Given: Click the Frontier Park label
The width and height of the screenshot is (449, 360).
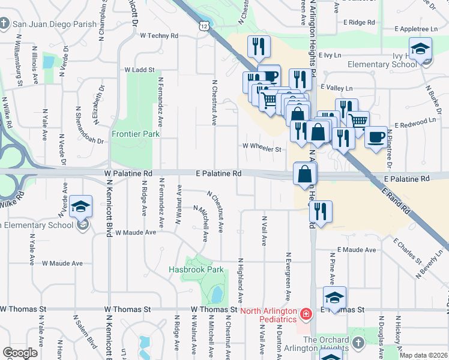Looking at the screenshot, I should pyautogui.click(x=136, y=134).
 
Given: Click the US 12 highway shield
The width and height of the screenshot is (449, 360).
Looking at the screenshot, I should pyautogui.click(x=205, y=26).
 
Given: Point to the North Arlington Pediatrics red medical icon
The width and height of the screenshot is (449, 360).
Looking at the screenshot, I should pyautogui.click(x=306, y=313).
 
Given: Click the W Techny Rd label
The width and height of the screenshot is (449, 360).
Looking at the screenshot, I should pyautogui.click(x=159, y=36).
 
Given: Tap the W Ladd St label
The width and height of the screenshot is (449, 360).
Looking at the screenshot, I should pyautogui.click(x=140, y=70).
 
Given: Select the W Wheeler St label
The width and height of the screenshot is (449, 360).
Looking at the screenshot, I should pyautogui.click(x=262, y=148).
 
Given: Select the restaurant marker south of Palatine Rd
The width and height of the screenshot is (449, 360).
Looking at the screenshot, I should pyautogui.click(x=321, y=211).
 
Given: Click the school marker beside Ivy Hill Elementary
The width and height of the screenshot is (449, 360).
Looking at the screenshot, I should pyautogui.click(x=421, y=49).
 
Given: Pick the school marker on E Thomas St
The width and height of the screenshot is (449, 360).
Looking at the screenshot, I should pyautogui.click(x=334, y=298).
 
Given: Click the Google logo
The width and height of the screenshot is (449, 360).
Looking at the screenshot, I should pyautogui.click(x=20, y=353).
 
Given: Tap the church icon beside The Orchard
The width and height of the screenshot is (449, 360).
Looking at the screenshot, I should pyautogui.click(x=358, y=342).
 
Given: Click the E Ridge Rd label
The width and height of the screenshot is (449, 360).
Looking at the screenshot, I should pyautogui.click(x=358, y=22).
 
